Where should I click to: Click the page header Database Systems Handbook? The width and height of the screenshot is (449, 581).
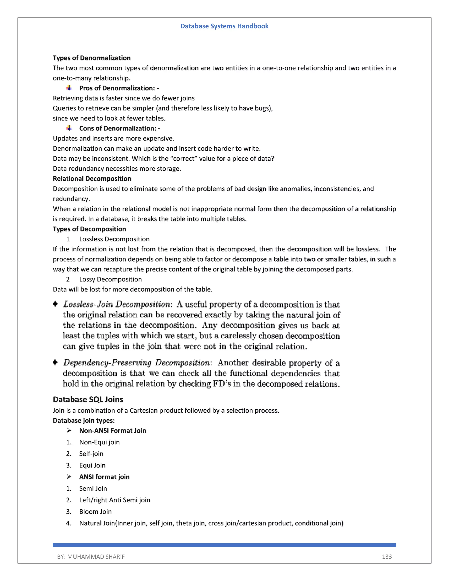coord(224,26)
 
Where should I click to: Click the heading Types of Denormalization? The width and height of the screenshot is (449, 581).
coord(91,58)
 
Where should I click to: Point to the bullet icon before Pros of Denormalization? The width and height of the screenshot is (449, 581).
coord(69,88)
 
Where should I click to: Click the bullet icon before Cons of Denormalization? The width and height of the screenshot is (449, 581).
coord(69,128)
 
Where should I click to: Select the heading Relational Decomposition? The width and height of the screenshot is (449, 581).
coord(92,178)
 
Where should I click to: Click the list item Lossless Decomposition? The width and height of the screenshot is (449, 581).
coord(114,239)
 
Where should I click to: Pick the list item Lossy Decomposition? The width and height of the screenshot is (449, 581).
coord(110,279)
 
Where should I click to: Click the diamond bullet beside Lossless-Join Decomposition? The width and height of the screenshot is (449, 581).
coord(55,304)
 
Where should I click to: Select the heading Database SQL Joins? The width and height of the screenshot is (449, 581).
coord(88,399)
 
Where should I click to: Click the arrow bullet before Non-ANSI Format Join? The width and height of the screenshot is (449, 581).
coord(69,430)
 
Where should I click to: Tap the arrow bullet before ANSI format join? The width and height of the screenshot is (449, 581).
coord(69,477)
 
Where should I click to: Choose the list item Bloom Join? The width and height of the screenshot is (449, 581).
coord(95,511)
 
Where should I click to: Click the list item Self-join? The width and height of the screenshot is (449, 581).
coord(91,454)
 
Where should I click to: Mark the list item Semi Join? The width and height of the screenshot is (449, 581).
coord(93,488)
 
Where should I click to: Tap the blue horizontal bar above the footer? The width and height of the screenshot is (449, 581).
coord(224,545)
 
